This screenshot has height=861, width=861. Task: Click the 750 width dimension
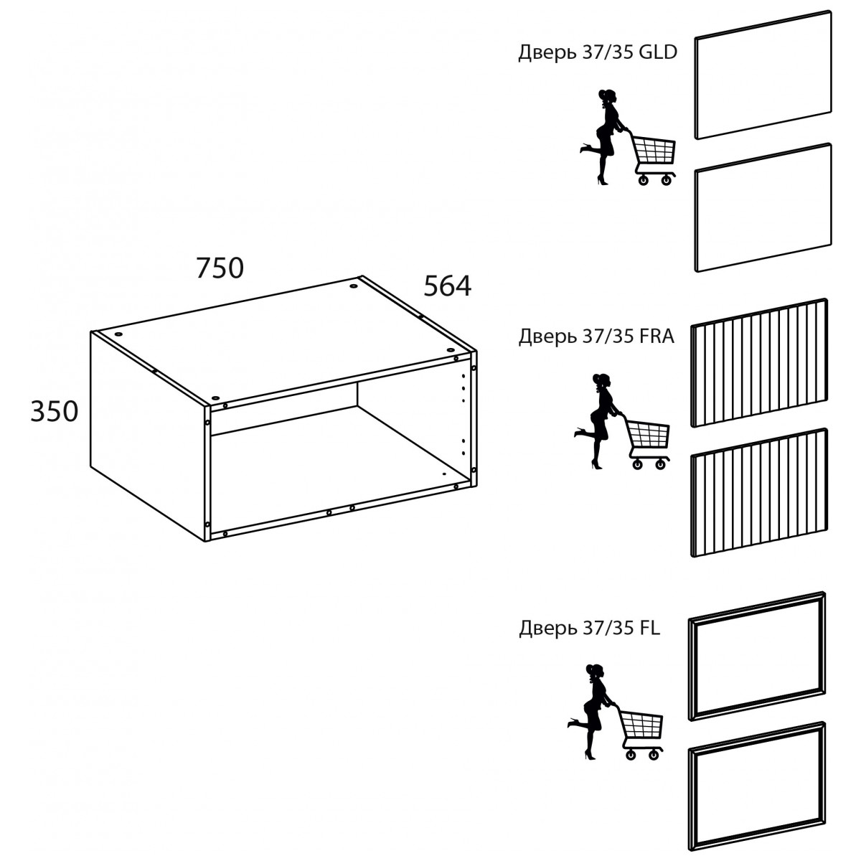(x=220, y=268)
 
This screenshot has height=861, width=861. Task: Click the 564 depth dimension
(x=447, y=286)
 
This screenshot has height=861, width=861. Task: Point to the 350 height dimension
(x=54, y=412)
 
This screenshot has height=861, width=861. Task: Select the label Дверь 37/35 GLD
(x=598, y=52)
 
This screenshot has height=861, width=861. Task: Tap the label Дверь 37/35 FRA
(x=596, y=336)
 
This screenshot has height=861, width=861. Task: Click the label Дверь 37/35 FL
(x=589, y=628)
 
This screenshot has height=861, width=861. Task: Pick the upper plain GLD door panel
(x=763, y=75)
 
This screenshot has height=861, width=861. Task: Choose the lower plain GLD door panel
(x=763, y=207)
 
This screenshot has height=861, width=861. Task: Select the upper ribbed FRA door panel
(x=759, y=363)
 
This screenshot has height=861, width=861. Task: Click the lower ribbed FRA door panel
(x=759, y=492)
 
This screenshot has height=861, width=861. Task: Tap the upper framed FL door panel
(x=757, y=656)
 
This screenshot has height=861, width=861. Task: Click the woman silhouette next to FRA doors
(x=598, y=421)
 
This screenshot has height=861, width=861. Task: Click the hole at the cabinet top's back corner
(x=354, y=286)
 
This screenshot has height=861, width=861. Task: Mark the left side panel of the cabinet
(x=149, y=436)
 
